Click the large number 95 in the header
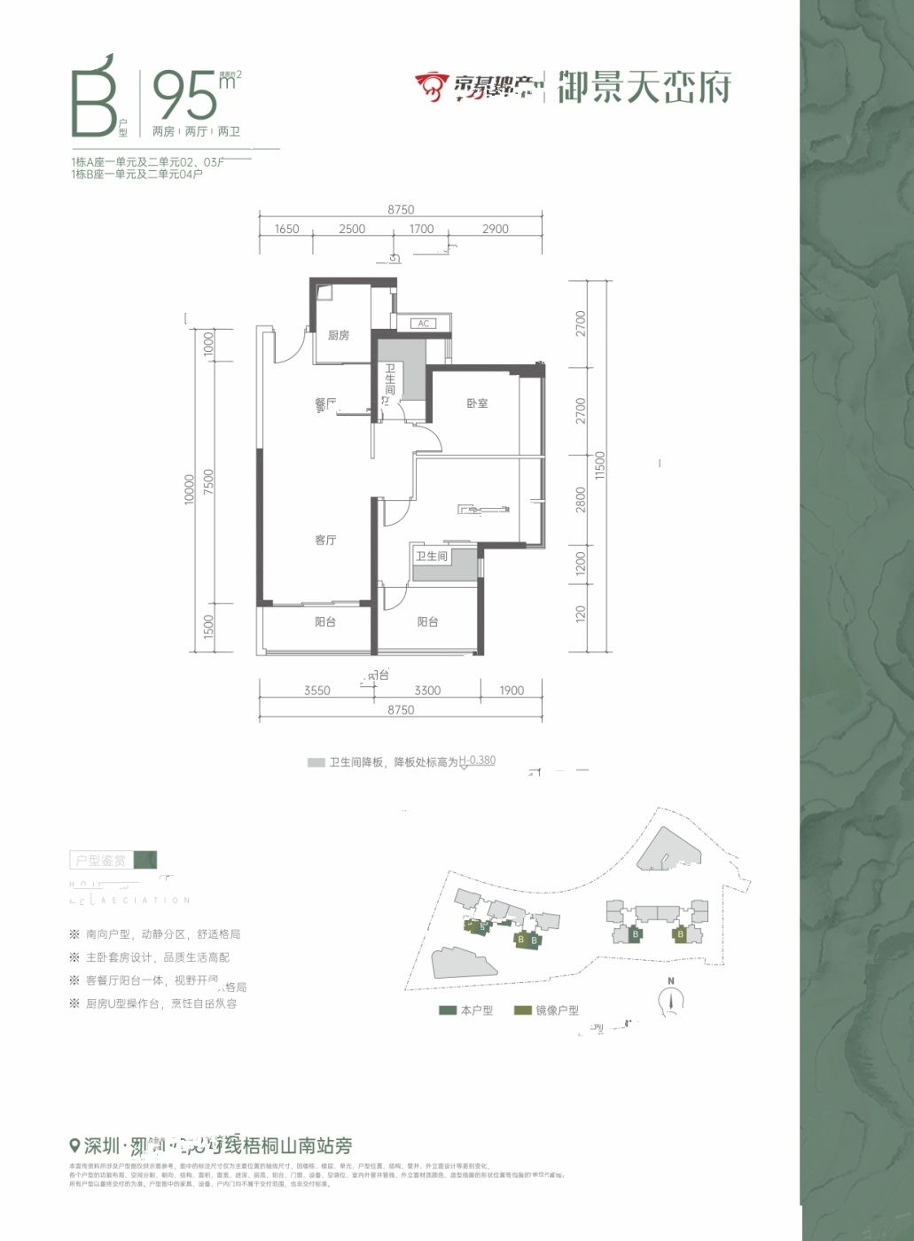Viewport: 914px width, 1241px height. point(184,96)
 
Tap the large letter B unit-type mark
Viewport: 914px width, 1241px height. point(93,98)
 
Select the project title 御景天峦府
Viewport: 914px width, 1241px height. point(644,87)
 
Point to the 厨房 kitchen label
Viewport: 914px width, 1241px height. point(338,335)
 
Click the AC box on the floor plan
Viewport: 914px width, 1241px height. point(423,324)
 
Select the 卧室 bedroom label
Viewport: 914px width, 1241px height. point(477,403)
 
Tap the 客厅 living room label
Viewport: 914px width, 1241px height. point(325,540)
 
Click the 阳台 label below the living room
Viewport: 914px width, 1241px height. point(325,622)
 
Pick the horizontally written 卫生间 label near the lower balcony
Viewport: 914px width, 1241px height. point(432,556)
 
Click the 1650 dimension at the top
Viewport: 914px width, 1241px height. point(286,229)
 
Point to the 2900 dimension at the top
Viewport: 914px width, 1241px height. point(495,229)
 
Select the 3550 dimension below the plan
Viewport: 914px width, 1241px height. point(316,691)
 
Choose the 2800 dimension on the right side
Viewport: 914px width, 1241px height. point(581,500)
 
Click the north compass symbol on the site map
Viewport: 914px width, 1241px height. point(672,999)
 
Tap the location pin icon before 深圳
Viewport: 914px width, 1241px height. point(74,1144)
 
